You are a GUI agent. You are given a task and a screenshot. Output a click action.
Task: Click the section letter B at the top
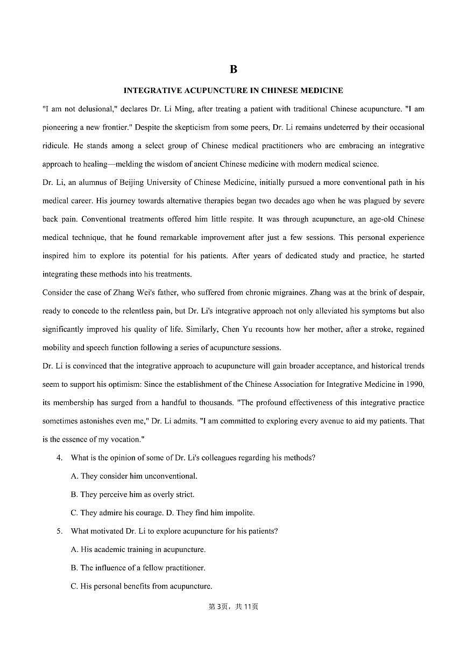point(233,69)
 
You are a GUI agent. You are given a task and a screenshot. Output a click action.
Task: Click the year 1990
point(414,384)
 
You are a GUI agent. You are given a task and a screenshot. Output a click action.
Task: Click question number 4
point(60,458)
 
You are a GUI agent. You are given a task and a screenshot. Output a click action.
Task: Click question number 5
point(60,531)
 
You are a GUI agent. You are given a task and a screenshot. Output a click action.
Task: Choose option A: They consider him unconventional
point(134,476)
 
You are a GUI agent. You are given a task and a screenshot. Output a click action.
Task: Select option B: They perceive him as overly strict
point(132,494)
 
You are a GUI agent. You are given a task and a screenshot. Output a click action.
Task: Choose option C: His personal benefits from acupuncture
point(141,586)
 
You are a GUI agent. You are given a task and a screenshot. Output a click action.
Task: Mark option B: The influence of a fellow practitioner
point(138,568)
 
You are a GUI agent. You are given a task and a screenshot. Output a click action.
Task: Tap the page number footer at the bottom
point(233,607)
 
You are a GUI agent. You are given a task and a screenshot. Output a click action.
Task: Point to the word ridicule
point(55,146)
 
